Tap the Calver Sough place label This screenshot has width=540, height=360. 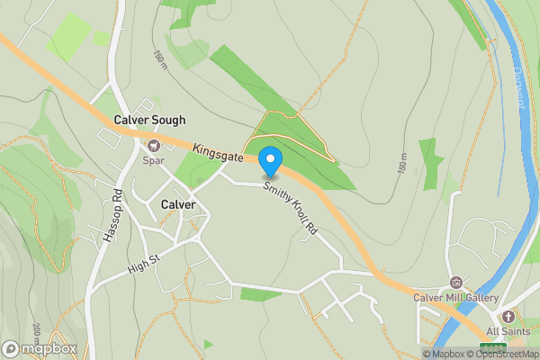[x=149, y=120]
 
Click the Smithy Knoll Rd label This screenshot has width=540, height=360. [x=291, y=210]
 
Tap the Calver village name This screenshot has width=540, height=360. [x=178, y=204]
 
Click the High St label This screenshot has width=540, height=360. [x=143, y=262]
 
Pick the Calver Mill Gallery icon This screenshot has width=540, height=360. [x=455, y=283]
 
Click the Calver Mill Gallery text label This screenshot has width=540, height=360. [x=455, y=298]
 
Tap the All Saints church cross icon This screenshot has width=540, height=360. [x=508, y=316]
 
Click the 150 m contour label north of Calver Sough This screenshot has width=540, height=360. [x=160, y=61]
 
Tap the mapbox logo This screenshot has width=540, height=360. [x=39, y=348]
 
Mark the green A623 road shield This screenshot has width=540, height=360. [x=492, y=346]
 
